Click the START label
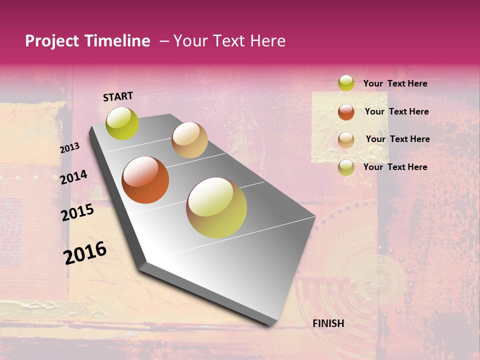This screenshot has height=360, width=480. (118, 96)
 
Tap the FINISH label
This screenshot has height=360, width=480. (328, 323)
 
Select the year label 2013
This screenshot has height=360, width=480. (69, 148)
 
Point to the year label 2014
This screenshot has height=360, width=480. (73, 177)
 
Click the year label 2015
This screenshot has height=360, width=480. (77, 212)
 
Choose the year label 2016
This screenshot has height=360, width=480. (85, 252)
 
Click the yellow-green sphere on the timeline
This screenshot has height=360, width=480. (122, 123)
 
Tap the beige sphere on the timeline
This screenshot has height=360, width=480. (189, 140)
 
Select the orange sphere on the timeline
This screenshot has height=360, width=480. (145, 180)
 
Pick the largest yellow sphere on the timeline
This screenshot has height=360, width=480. (216, 207)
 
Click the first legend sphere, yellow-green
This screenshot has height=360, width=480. (346, 83)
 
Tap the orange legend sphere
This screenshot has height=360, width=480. (346, 112)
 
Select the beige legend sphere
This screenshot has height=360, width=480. (346, 140)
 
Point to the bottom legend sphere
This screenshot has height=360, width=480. (346, 167)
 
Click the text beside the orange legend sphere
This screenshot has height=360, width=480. (396, 111)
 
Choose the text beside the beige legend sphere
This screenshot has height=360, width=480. (397, 139)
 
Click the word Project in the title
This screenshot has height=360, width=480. (51, 41)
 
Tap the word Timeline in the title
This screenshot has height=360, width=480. (117, 41)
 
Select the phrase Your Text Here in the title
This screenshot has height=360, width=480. (229, 41)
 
